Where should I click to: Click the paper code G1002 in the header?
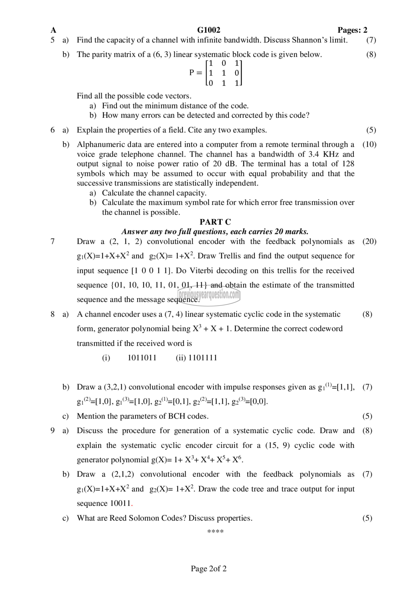(x=209, y=30)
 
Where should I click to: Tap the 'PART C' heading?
(x=215, y=222)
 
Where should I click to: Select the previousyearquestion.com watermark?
(x=209, y=295)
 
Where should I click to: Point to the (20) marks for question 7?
(x=369, y=241)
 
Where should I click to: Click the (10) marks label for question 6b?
(x=369, y=144)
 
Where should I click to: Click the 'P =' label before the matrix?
(x=196, y=73)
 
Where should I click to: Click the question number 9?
(x=52, y=430)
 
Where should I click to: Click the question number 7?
(x=52, y=241)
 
